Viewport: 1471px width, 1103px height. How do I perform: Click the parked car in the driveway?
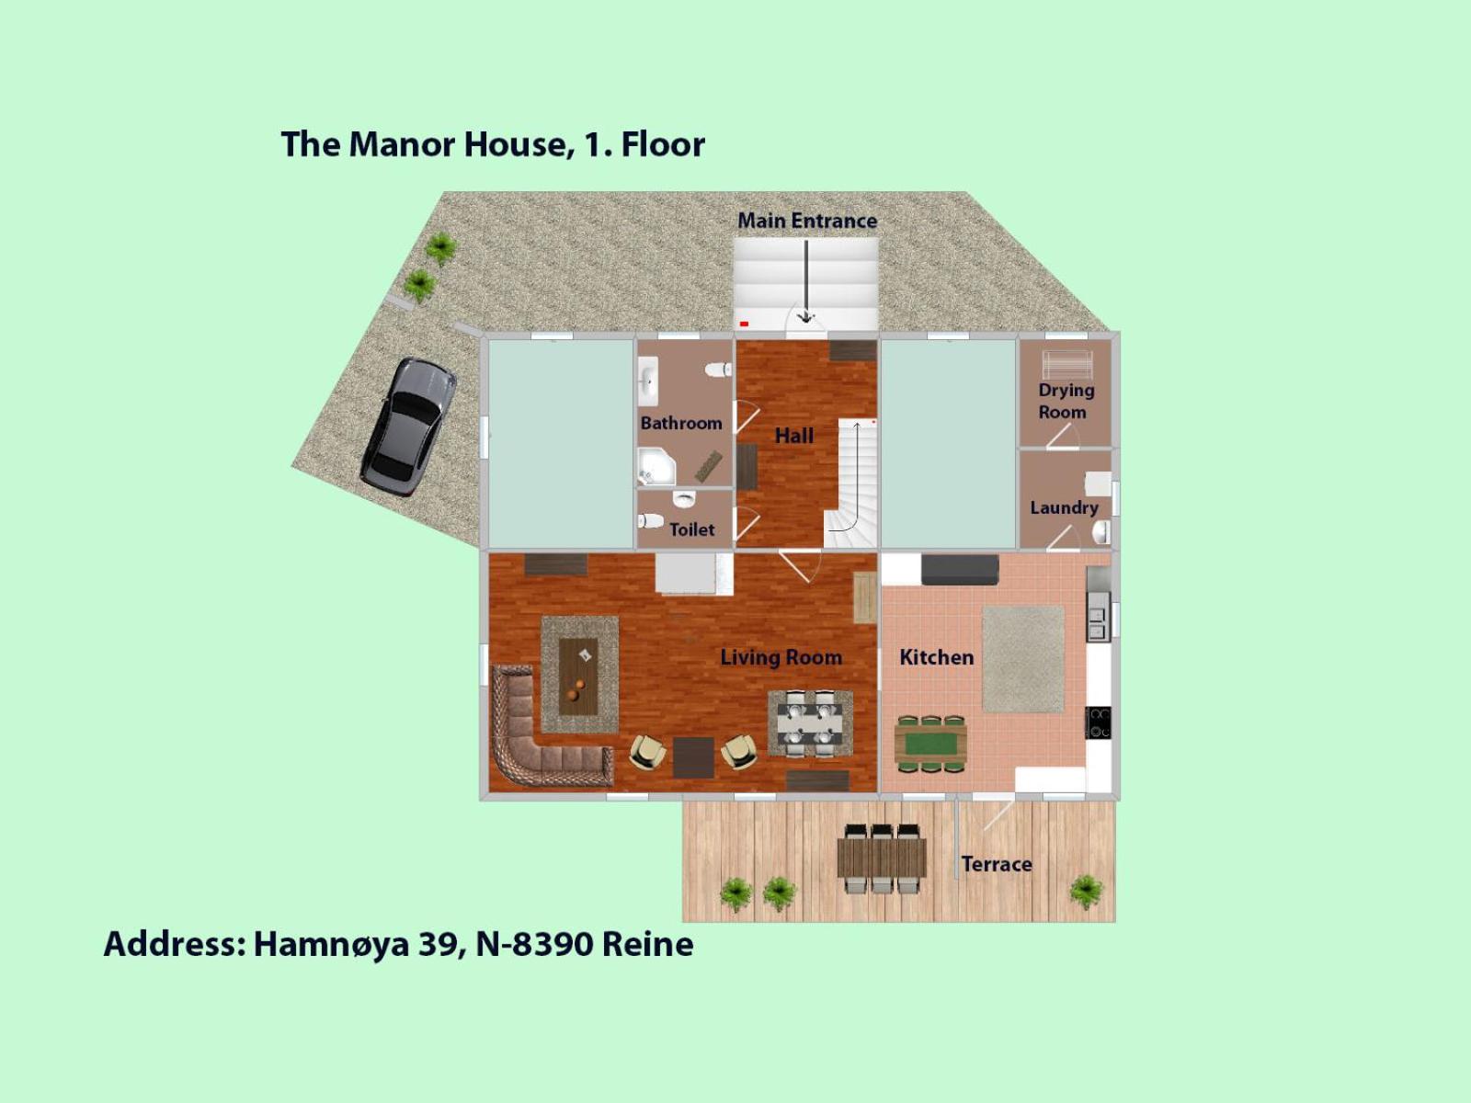[407, 426]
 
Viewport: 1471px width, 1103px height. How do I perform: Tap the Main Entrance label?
[806, 221]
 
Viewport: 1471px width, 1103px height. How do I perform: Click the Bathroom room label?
[680, 423]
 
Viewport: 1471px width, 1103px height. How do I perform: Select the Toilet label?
[691, 529]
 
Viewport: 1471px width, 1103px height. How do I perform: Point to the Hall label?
[793, 436]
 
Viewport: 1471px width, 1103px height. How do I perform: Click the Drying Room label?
[1065, 401]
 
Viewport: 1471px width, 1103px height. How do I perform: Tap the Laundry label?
[1064, 507]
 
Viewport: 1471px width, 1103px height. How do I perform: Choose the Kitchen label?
[936, 657]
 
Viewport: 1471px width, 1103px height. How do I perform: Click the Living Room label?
[781, 657]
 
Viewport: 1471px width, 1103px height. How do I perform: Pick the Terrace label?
[996, 864]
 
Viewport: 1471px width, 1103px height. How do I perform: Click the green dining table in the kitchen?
[930, 741]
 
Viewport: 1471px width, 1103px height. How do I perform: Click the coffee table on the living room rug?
[578, 676]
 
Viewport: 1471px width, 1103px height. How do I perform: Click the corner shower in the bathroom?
[655, 467]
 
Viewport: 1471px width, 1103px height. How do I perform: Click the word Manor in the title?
[402, 144]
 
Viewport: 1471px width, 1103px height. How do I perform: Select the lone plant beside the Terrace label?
[1086, 890]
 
